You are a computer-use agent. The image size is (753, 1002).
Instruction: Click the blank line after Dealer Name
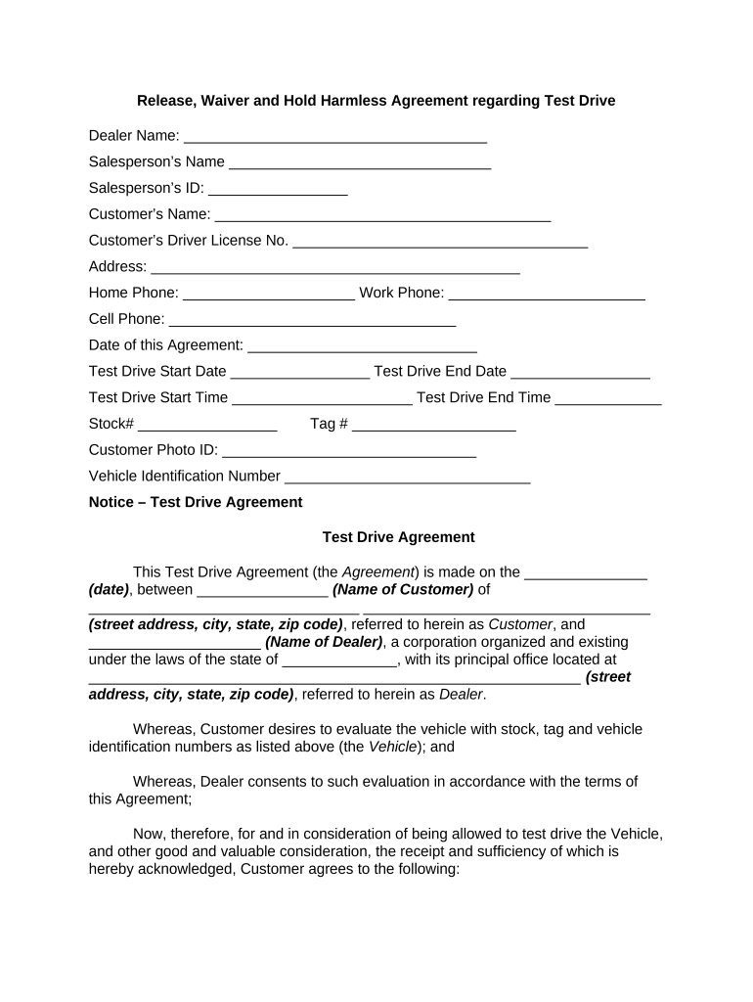pos(334,137)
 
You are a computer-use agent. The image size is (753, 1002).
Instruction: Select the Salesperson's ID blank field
pos(278,190)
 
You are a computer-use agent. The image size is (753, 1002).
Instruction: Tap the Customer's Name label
pos(149,214)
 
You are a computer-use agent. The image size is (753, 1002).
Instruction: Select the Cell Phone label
pos(126,319)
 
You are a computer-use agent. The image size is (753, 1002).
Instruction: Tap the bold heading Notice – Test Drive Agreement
pos(196,502)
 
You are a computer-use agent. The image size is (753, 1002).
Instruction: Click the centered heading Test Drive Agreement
pos(398,537)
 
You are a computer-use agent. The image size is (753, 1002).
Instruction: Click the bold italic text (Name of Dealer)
pos(324,642)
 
